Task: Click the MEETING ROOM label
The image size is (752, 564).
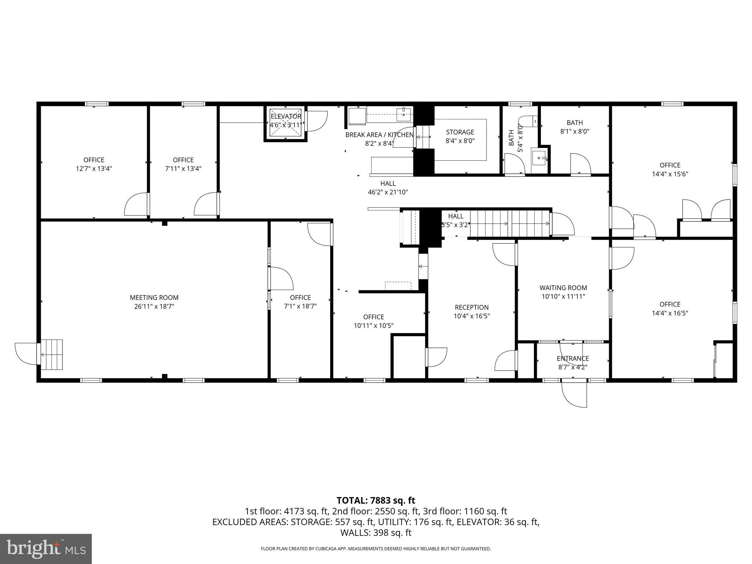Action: coord(154,297)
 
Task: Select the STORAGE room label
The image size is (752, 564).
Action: coord(460,132)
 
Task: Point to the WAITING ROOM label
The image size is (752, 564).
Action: coord(563,288)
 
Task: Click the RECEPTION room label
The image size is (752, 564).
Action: coord(472,307)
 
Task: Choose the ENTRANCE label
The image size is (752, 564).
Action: coord(573,358)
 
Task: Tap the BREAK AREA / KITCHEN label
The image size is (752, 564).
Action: coord(380,135)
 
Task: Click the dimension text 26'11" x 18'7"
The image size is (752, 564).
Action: coord(154,306)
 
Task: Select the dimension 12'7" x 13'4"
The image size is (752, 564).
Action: coord(94,169)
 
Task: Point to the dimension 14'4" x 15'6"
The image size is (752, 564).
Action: coord(670,174)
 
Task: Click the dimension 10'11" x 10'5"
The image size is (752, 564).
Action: coord(374,325)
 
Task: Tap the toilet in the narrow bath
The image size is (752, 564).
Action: coord(528,122)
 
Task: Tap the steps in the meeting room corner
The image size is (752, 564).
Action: coord(51,355)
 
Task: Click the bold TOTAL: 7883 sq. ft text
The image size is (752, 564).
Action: coord(376,500)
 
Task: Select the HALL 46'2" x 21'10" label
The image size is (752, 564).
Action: coord(388,187)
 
